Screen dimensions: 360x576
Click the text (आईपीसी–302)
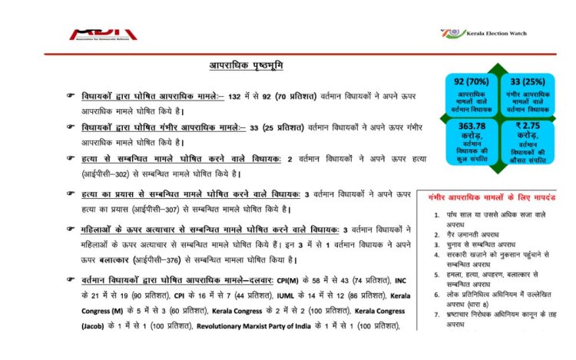click(x=108, y=173)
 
